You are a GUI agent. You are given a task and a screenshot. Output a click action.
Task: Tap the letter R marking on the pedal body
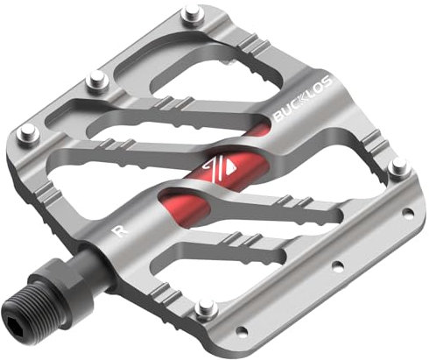pyautogui.click(x=118, y=230)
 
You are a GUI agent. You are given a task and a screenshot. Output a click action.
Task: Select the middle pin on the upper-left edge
pyautogui.click(x=95, y=83)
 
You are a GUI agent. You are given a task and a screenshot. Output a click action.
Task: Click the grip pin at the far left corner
pyautogui.click(x=28, y=132)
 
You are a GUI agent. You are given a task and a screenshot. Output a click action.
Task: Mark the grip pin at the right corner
pyautogui.click(x=398, y=166)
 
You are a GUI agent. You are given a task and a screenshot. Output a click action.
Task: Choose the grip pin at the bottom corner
pyautogui.click(x=207, y=307)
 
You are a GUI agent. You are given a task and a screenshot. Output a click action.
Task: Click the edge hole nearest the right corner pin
pyautogui.click(x=405, y=212)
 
